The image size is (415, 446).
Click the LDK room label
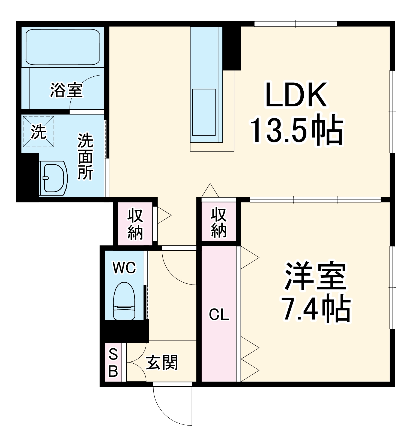pyautogui.click(x=296, y=95)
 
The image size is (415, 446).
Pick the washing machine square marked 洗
pyautogui.click(x=38, y=132)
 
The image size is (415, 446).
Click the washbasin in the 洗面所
pyautogui.click(x=54, y=178)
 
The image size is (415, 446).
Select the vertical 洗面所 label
pyautogui.click(x=86, y=156)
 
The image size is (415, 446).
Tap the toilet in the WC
pyautogui.click(x=124, y=301)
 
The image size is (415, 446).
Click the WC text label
pyautogui.click(x=124, y=268)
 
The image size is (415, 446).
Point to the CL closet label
pyautogui.click(x=219, y=315)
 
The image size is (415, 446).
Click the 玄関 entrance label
pyautogui.click(x=162, y=363)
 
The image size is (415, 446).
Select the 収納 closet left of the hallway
pyautogui.click(x=135, y=224)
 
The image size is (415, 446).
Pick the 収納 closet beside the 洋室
pyautogui.click(x=219, y=222)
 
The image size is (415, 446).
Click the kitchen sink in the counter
pyautogui.click(x=204, y=112)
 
